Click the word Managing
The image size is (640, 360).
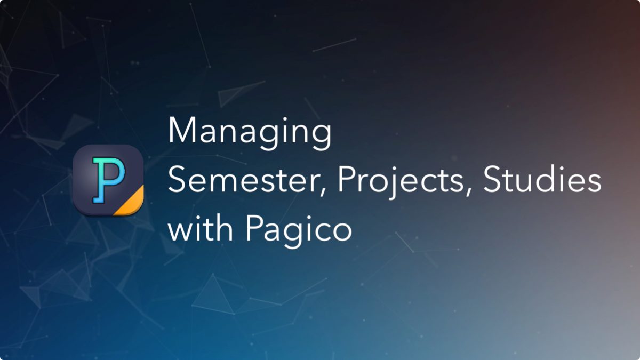tap(250, 133)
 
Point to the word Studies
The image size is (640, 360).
tap(542, 179)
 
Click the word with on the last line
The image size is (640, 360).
tap(201, 228)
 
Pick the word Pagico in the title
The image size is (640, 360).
tap(299, 231)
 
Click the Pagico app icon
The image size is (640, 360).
tap(108, 180)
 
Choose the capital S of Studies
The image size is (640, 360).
tap(492, 179)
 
